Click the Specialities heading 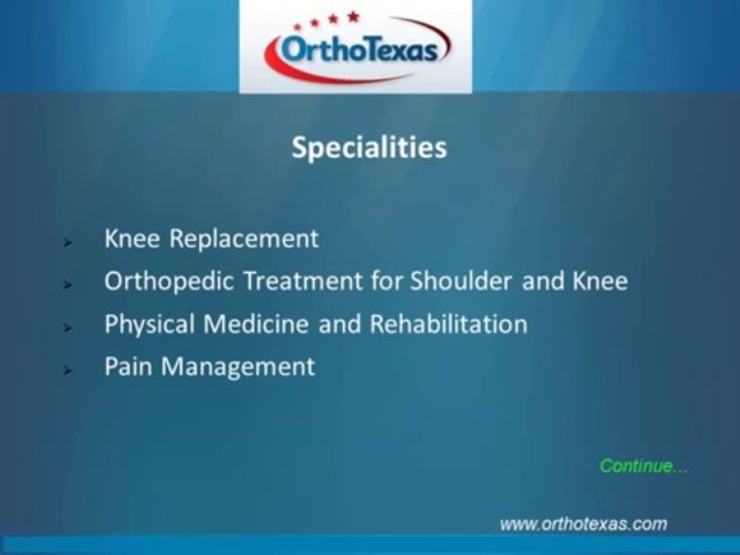pyautogui.click(x=369, y=148)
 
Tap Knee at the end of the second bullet pyautogui.click(x=600, y=281)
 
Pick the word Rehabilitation pyautogui.click(x=449, y=324)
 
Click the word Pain pyautogui.click(x=127, y=366)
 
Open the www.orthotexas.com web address pyautogui.click(x=583, y=524)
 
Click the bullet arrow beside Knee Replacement pyautogui.click(x=68, y=242)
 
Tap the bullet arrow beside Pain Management pyautogui.click(x=68, y=370)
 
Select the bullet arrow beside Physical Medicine pyautogui.click(x=68, y=328)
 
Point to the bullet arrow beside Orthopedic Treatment pyautogui.click(x=68, y=284)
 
